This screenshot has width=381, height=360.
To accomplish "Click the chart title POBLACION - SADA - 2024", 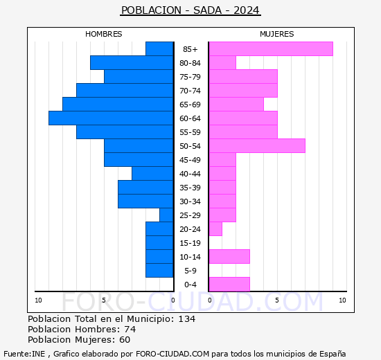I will (x=190, y=10).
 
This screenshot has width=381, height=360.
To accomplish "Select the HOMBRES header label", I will (x=104, y=34).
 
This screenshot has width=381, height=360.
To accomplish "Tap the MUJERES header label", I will (x=276, y=34).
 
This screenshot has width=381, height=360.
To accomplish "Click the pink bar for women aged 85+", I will (x=270, y=49).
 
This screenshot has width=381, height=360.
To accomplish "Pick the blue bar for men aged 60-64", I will (x=111, y=118).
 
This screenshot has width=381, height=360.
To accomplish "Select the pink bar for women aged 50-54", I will (x=256, y=146).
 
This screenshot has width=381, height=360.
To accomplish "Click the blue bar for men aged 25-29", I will (x=166, y=215).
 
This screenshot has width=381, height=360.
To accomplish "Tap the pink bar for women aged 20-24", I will (x=215, y=229).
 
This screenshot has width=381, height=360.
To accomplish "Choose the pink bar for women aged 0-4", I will (x=229, y=285).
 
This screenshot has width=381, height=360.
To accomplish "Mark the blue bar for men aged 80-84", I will (x=132, y=63).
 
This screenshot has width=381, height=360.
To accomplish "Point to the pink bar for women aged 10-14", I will (x=229, y=257).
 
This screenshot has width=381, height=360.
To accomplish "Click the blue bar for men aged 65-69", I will (x=118, y=105).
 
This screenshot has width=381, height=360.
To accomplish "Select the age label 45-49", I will (x=190, y=160).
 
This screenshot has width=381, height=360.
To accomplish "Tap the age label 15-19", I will (x=190, y=243).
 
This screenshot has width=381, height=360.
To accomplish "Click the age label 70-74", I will (x=190, y=91).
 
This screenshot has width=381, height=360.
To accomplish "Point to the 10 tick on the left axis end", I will (x=39, y=300).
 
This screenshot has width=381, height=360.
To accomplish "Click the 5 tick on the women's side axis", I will (x=276, y=300).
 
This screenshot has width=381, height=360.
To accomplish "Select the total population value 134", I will (x=186, y=319).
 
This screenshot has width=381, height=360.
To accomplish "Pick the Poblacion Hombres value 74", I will (x=129, y=330).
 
